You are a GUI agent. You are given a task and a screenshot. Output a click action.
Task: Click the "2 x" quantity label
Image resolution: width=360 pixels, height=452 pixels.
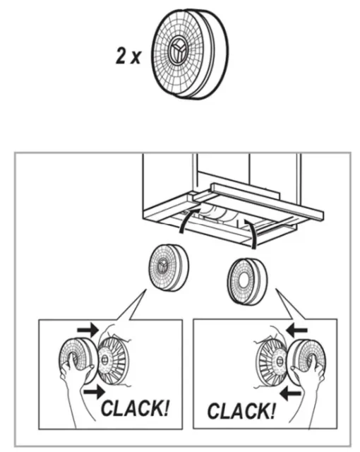(128, 56)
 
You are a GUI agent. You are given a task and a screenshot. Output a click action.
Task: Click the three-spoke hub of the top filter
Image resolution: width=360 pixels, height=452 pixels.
(176, 52)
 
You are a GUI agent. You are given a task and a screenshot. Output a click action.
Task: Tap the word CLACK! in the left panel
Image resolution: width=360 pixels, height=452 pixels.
(135, 408)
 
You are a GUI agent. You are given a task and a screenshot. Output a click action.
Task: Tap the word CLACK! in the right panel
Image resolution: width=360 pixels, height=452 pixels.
(241, 410)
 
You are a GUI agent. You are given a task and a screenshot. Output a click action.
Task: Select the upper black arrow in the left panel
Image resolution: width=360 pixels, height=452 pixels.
(88, 330)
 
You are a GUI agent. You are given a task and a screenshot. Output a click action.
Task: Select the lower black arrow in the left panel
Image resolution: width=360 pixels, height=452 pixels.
(95, 391)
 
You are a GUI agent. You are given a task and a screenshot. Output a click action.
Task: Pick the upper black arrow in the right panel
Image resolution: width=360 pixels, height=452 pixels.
(296, 330)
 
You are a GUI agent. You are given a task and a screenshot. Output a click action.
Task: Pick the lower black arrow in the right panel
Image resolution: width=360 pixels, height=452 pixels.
(290, 393)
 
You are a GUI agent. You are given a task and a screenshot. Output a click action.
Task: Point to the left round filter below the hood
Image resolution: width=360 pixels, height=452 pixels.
(169, 268)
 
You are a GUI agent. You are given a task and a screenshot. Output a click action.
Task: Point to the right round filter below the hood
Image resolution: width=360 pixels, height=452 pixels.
(247, 281)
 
